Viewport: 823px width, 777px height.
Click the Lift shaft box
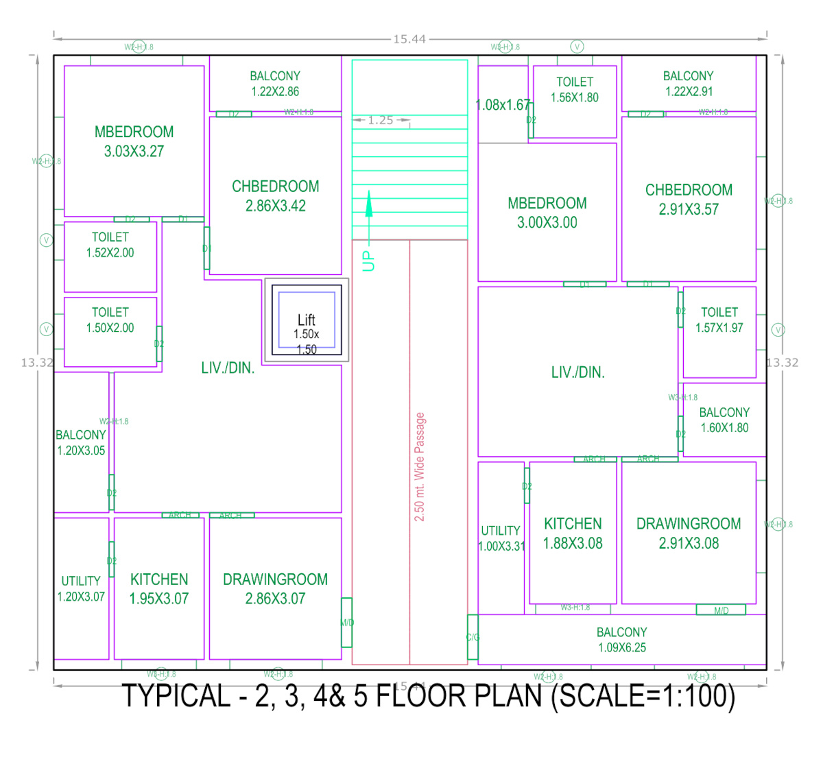307,320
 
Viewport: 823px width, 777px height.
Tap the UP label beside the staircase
369,261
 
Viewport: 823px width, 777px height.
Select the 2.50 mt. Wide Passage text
420,466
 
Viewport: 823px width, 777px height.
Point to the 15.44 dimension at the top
409,39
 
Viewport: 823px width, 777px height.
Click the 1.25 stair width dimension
381,120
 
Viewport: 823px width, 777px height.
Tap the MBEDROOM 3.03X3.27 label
134,141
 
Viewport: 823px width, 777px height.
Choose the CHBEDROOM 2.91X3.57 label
689,200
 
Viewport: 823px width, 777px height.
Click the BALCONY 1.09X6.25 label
622,640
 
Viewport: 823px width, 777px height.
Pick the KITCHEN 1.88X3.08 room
573,533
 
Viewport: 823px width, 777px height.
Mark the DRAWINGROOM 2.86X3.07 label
275,588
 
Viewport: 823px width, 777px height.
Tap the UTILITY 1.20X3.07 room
81,588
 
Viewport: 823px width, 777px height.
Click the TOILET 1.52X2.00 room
110,245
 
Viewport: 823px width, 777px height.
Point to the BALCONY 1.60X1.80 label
724,420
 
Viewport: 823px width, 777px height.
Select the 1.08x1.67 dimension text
503,105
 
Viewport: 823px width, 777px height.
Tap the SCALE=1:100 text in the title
645,696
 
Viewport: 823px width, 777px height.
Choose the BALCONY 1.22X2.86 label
275,84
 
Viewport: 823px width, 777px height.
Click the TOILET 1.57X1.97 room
719,320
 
